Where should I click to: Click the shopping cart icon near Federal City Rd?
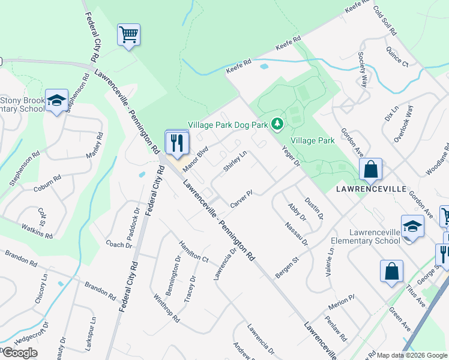click(129, 34)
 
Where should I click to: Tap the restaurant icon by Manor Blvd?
click(177, 142)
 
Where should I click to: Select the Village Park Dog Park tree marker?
click(277, 124)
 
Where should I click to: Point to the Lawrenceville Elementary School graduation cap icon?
click(412, 227)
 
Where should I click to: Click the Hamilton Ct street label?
click(193, 251)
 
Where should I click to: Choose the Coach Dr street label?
click(119, 244)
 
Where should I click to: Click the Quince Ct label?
click(397, 56)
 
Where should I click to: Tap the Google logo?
click(19, 353)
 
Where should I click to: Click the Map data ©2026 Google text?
click(412, 355)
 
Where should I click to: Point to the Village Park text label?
click(312, 140)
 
